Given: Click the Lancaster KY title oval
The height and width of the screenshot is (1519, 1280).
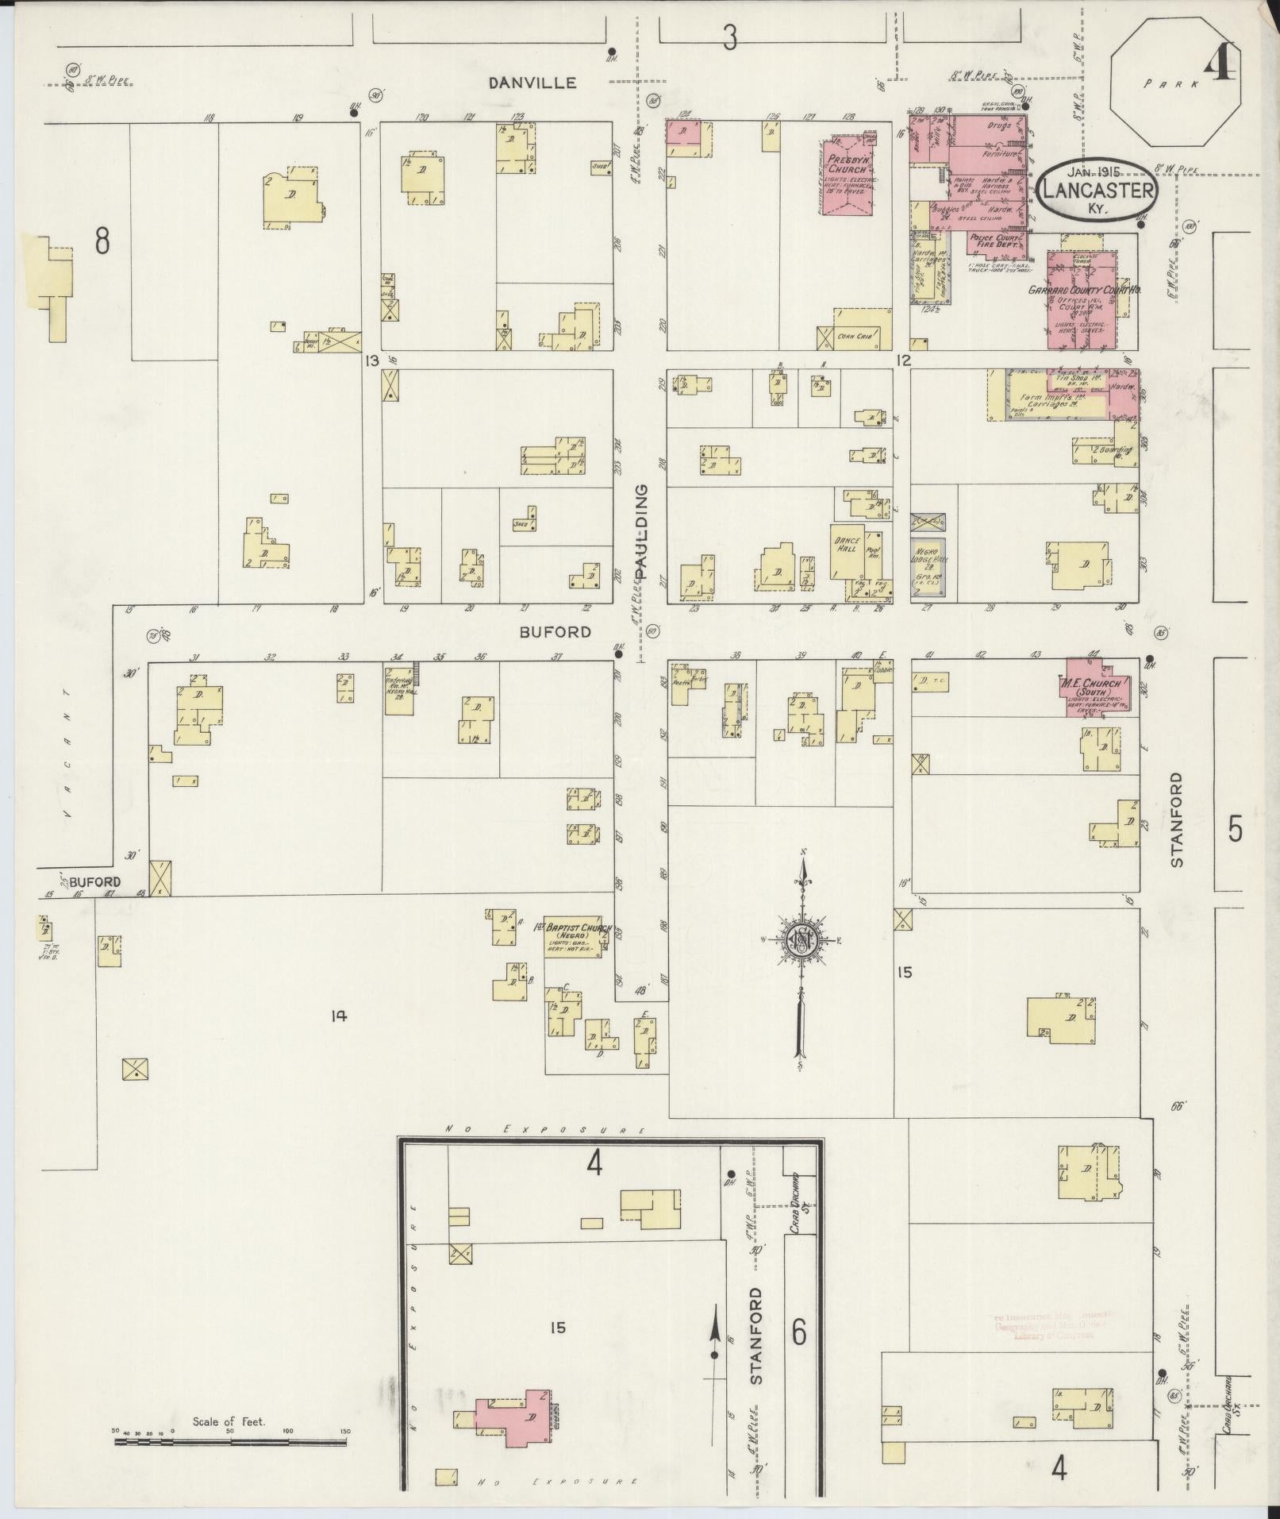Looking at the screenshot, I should point(1097,190).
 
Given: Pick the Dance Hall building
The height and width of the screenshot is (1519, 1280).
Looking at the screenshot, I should point(847,551).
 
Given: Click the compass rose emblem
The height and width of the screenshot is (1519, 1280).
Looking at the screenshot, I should point(801,940).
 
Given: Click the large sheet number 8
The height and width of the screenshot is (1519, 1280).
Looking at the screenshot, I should point(102,241).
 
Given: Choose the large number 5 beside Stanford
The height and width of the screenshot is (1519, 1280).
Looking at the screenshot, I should point(1236,829).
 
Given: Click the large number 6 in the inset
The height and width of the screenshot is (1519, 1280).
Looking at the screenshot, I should point(799,1325).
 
